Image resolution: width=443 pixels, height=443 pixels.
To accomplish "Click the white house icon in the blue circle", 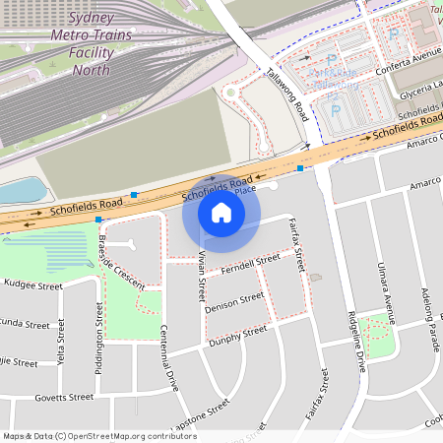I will tap(221, 213).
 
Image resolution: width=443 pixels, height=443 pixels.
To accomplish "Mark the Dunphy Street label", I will tap(237, 336).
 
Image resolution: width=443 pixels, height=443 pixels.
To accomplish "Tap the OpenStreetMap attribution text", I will tap(99, 436).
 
